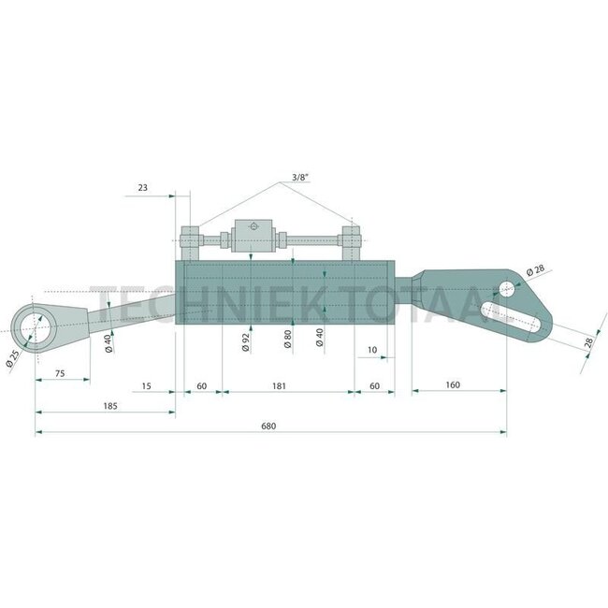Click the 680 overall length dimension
268,427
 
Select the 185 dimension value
110,406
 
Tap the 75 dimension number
60,374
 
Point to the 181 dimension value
279,386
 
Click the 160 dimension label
453,385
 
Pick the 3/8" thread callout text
300,177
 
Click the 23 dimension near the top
143,188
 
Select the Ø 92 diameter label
246,342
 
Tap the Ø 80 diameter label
288,340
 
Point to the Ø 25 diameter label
12,358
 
